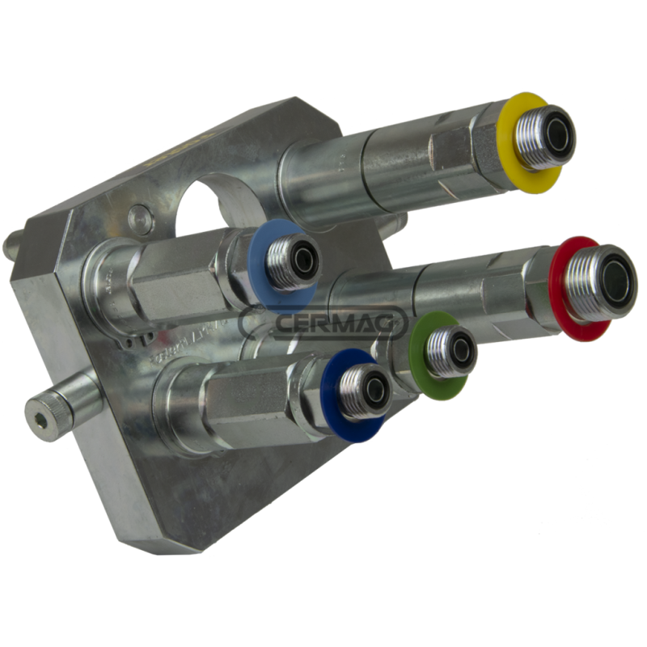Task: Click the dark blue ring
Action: tap(332, 404)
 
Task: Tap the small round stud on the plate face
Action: tap(140, 217)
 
